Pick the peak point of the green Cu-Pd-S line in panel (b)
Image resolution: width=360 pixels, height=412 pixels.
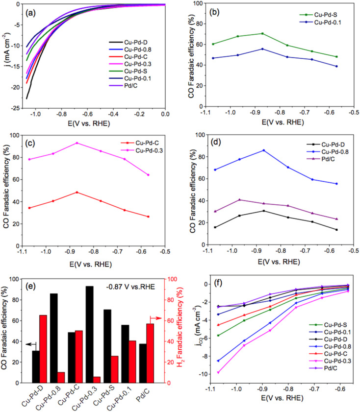(262, 33)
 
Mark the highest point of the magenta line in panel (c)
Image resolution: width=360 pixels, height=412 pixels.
(77, 143)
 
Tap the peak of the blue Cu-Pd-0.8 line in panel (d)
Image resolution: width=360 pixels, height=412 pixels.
(263, 150)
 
